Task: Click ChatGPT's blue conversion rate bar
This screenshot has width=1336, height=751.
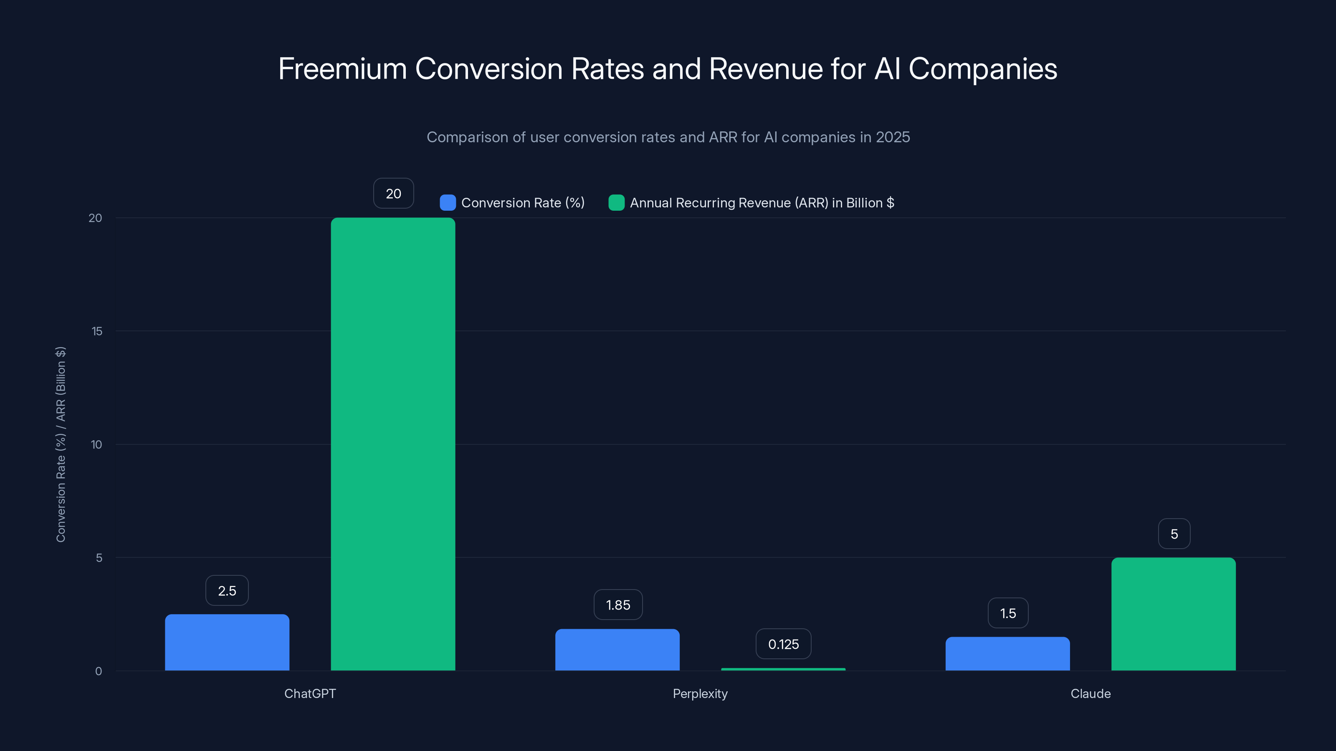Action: [227, 642]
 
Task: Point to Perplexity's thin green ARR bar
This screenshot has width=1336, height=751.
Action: [783, 669]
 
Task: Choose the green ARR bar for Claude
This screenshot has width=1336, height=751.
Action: [1173, 614]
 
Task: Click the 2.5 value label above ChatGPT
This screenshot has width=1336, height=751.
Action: [227, 590]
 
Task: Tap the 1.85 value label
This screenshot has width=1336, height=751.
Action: [618, 605]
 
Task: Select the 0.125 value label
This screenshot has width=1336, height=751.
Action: [783, 644]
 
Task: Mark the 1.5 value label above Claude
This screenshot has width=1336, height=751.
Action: [1008, 613]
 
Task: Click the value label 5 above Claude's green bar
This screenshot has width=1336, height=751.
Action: [1174, 534]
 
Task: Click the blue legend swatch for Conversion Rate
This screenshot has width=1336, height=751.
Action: [448, 203]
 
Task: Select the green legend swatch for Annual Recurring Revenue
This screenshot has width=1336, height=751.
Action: [616, 203]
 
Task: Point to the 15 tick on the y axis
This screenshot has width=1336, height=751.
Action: [97, 331]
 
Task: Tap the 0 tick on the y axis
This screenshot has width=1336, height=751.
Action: [99, 671]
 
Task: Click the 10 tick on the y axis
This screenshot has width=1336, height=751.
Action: [96, 445]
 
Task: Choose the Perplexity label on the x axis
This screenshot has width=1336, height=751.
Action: [700, 693]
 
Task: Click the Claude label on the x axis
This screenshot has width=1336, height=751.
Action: [1090, 693]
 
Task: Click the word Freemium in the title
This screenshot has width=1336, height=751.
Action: [342, 69]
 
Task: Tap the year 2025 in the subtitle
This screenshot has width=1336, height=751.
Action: [893, 137]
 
